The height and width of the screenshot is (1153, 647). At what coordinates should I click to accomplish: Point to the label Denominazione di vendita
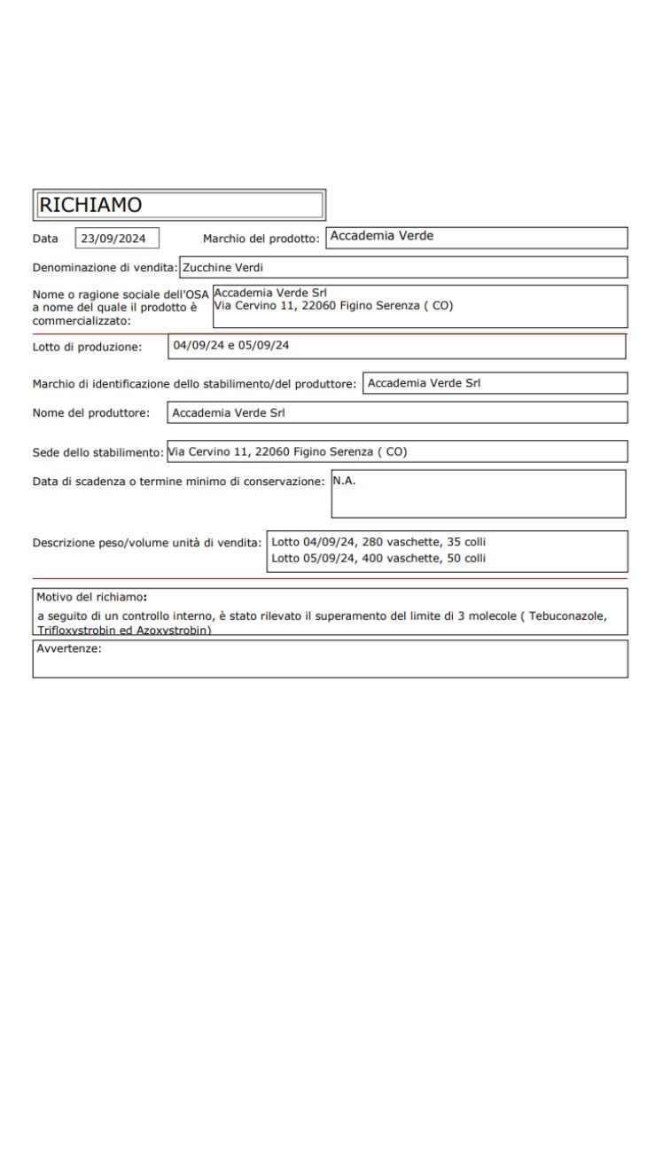tap(105, 267)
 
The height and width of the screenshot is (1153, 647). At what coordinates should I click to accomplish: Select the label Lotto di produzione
tap(87, 346)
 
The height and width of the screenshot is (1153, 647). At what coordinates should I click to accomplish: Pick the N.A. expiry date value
tap(344, 480)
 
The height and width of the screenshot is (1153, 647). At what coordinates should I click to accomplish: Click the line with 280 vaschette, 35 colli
tap(378, 541)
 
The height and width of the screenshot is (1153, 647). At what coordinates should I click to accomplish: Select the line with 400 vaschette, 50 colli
tap(378, 558)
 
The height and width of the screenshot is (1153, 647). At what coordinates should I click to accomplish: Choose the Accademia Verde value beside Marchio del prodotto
tap(383, 236)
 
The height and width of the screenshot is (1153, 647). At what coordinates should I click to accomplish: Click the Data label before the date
tap(46, 238)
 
